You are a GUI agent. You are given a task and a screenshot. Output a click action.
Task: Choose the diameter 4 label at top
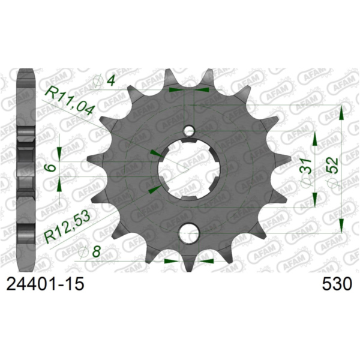tap(106, 79)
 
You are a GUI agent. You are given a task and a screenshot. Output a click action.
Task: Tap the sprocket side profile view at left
tap(25, 168)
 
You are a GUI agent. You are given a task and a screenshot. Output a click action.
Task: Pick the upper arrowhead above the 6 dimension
tap(59, 151)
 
